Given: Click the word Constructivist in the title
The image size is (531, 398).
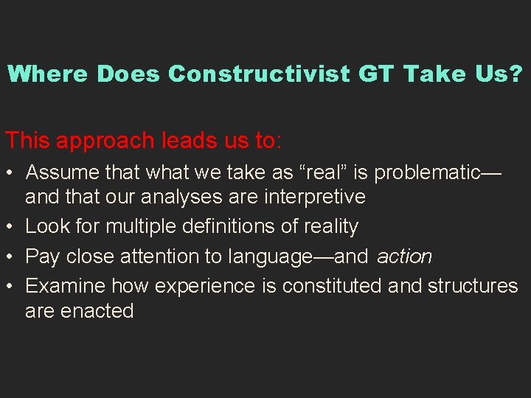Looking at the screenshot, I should pos(258,74).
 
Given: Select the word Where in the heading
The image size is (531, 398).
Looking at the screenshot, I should pos(48,74).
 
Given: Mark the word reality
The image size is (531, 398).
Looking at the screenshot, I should pos(331,226).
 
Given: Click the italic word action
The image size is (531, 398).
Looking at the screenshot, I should pos(404,256).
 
